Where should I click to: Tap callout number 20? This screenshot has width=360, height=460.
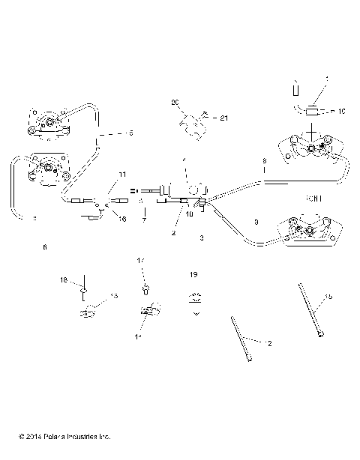(175, 102)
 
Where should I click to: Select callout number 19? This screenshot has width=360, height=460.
(194, 274)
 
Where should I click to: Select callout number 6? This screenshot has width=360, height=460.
(45, 246)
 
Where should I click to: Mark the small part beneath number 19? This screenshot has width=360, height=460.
(195, 299)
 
